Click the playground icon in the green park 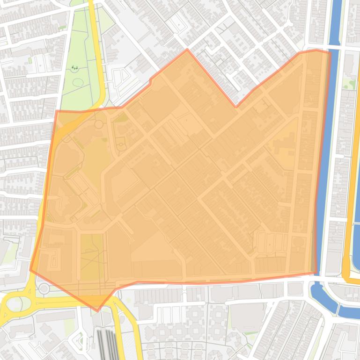[75, 68]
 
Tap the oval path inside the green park [78, 83]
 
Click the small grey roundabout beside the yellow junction [44, 288]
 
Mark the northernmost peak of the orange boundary [187, 49]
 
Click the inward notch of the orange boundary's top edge [236, 107]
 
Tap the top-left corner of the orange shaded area [56, 112]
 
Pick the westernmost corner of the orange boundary [30, 270]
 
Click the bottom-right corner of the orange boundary [316, 273]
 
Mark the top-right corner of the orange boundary [330, 52]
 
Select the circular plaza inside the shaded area [99, 124]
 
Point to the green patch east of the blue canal [349, 84]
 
